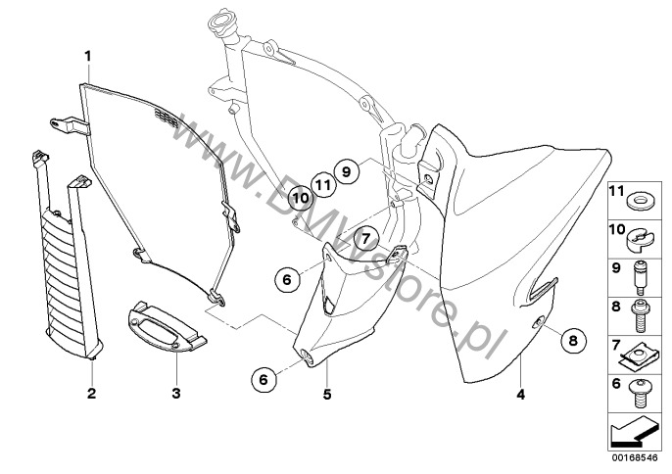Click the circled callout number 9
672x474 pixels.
click(x=347, y=171)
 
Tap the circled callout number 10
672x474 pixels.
click(x=301, y=198)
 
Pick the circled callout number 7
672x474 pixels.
click(x=365, y=238)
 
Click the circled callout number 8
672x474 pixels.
click(x=573, y=341)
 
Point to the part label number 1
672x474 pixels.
click(x=88, y=56)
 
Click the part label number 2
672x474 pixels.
click(x=91, y=393)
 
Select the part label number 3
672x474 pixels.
click(x=176, y=393)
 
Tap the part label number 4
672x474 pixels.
click(x=520, y=394)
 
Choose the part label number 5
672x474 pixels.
click(x=327, y=394)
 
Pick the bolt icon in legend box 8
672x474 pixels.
click(x=640, y=316)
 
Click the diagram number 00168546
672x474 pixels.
click(x=635, y=457)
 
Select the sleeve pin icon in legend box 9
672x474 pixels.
click(x=640, y=278)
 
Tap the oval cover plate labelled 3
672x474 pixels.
click(x=167, y=326)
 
